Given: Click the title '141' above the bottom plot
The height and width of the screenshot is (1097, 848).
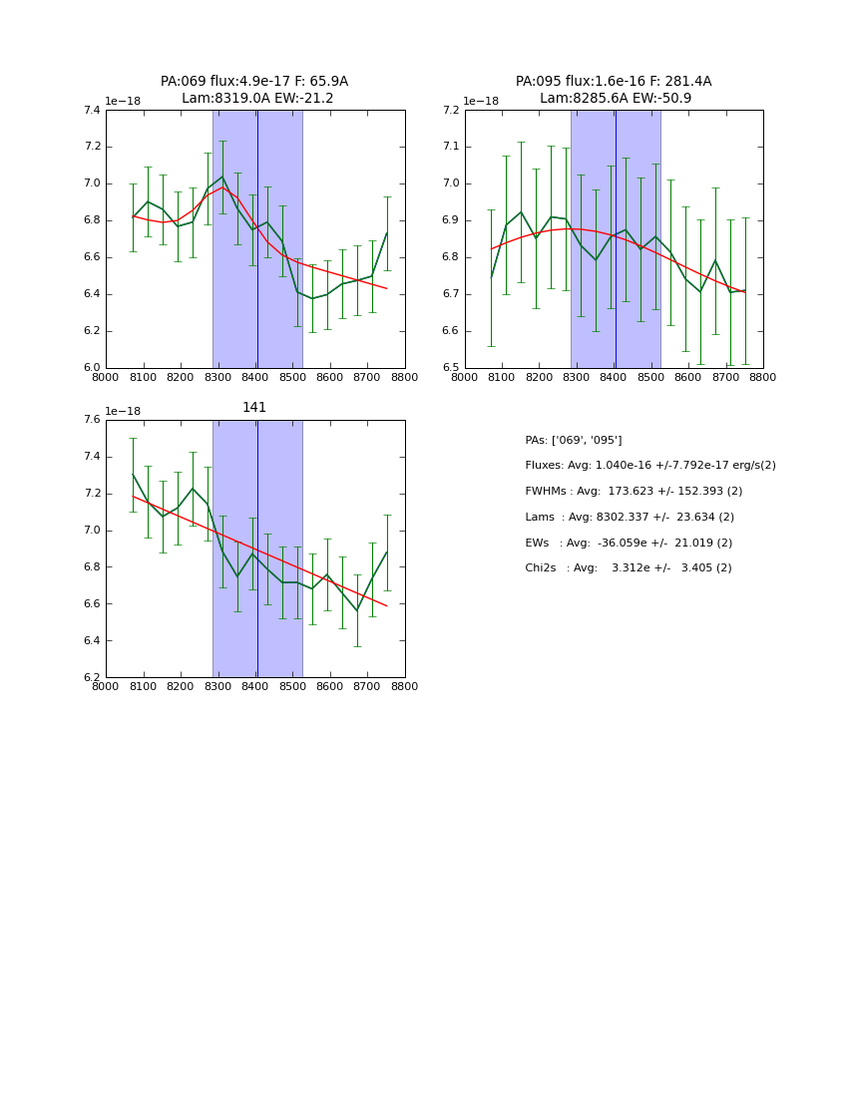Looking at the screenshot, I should pyautogui.click(x=254, y=408).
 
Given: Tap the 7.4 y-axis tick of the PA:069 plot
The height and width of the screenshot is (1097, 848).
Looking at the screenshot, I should pyautogui.click(x=91, y=111).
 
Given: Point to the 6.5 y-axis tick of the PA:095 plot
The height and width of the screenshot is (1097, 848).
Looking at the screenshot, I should pyautogui.click(x=450, y=368).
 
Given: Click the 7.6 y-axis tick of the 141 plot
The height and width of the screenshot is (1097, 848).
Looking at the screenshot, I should pyautogui.click(x=91, y=420).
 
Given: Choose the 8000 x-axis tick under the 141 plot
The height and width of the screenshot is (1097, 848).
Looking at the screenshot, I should pyautogui.click(x=106, y=687).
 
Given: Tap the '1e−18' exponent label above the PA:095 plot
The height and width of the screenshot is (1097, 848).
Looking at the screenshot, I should pyautogui.click(x=481, y=101).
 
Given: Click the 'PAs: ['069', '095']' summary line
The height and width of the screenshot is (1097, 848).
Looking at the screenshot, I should pyautogui.click(x=574, y=440).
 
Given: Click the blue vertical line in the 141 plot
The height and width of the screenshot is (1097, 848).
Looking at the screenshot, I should pyautogui.click(x=257, y=548).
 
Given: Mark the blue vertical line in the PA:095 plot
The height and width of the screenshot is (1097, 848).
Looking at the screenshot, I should pyautogui.click(x=616, y=239).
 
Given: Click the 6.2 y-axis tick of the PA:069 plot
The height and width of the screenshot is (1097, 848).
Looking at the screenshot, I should pyautogui.click(x=91, y=331).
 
